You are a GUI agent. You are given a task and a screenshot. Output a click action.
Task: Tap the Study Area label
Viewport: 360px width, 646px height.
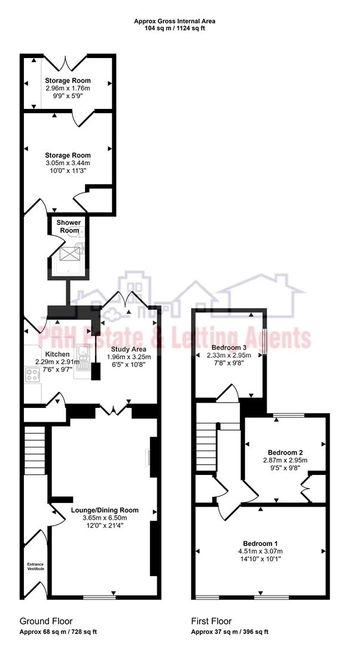pos(129,349)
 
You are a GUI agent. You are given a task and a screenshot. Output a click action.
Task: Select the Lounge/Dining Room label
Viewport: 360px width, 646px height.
pos(105,510)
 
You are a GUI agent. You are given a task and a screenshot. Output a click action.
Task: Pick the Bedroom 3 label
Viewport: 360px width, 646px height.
pos(229,348)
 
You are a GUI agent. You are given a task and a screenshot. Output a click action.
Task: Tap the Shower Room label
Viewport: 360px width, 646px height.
pos(68,226)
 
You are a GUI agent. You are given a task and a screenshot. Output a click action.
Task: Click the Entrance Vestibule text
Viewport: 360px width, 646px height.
pos(35,566)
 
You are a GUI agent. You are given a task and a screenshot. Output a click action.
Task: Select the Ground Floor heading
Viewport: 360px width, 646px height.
pos(46,621)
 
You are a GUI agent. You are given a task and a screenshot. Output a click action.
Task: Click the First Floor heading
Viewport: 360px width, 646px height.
pos(211,621)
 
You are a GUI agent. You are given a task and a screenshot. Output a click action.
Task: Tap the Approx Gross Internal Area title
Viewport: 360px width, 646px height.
pos(175,21)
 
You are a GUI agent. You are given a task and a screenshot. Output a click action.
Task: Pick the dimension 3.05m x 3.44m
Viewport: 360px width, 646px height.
pos(68,163)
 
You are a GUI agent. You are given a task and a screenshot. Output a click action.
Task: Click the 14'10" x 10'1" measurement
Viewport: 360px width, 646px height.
pos(260,559)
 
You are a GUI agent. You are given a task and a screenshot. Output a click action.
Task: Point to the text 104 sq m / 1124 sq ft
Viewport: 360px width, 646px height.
pos(175,28)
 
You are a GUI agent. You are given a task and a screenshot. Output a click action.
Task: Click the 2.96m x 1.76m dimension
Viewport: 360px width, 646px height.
pos(68,88)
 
